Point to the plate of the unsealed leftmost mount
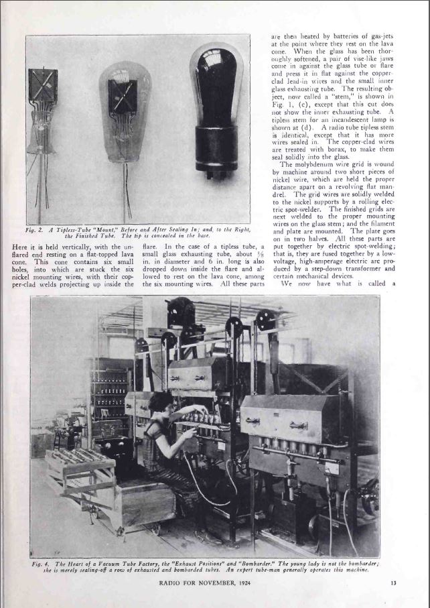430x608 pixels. [x=43, y=86]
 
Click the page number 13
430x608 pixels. [x=393, y=582]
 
